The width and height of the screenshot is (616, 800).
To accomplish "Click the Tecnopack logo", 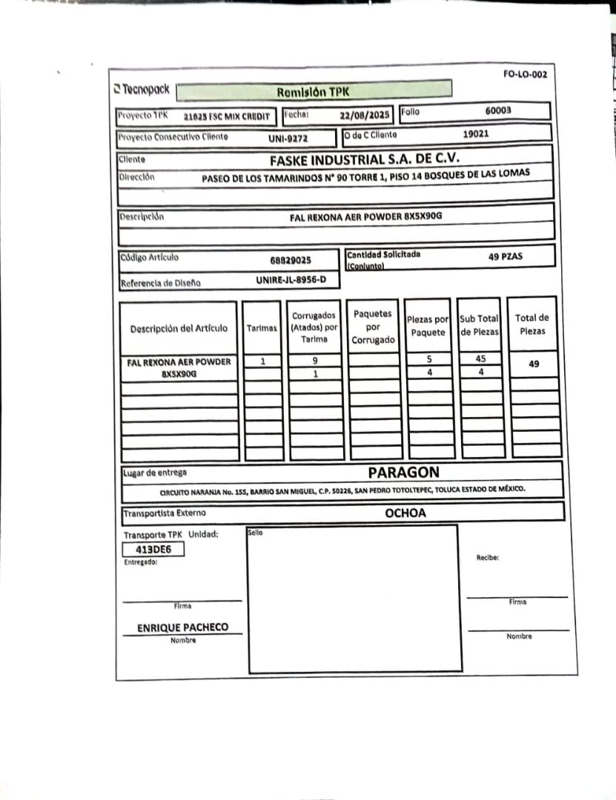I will click(x=142, y=90).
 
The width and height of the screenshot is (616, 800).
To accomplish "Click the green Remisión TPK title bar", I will click(x=314, y=91).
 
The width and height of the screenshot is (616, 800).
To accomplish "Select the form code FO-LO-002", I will click(x=525, y=74).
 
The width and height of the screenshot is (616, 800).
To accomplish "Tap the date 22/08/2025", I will click(x=364, y=116).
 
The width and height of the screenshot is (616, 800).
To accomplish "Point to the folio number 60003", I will click(x=498, y=110).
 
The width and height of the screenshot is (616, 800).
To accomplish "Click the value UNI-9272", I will click(x=288, y=138).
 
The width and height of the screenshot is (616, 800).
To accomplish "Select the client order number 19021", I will click(x=475, y=135).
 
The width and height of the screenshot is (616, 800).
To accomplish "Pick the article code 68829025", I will click(x=291, y=260).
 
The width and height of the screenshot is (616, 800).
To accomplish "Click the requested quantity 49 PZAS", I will click(x=506, y=256).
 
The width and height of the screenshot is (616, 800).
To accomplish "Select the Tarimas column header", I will click(x=262, y=328).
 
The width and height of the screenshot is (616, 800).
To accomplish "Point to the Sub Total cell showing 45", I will click(x=480, y=359).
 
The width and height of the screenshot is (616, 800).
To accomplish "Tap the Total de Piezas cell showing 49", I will click(x=534, y=364).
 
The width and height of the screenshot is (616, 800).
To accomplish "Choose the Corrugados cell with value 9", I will click(x=314, y=360).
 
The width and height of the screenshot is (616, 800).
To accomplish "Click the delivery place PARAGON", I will click(x=403, y=472).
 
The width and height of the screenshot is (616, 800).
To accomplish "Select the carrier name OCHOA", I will click(x=405, y=513).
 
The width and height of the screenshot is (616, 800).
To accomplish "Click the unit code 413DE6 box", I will click(x=153, y=550).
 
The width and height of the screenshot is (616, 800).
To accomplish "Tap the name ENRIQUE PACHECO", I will click(x=182, y=627).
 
